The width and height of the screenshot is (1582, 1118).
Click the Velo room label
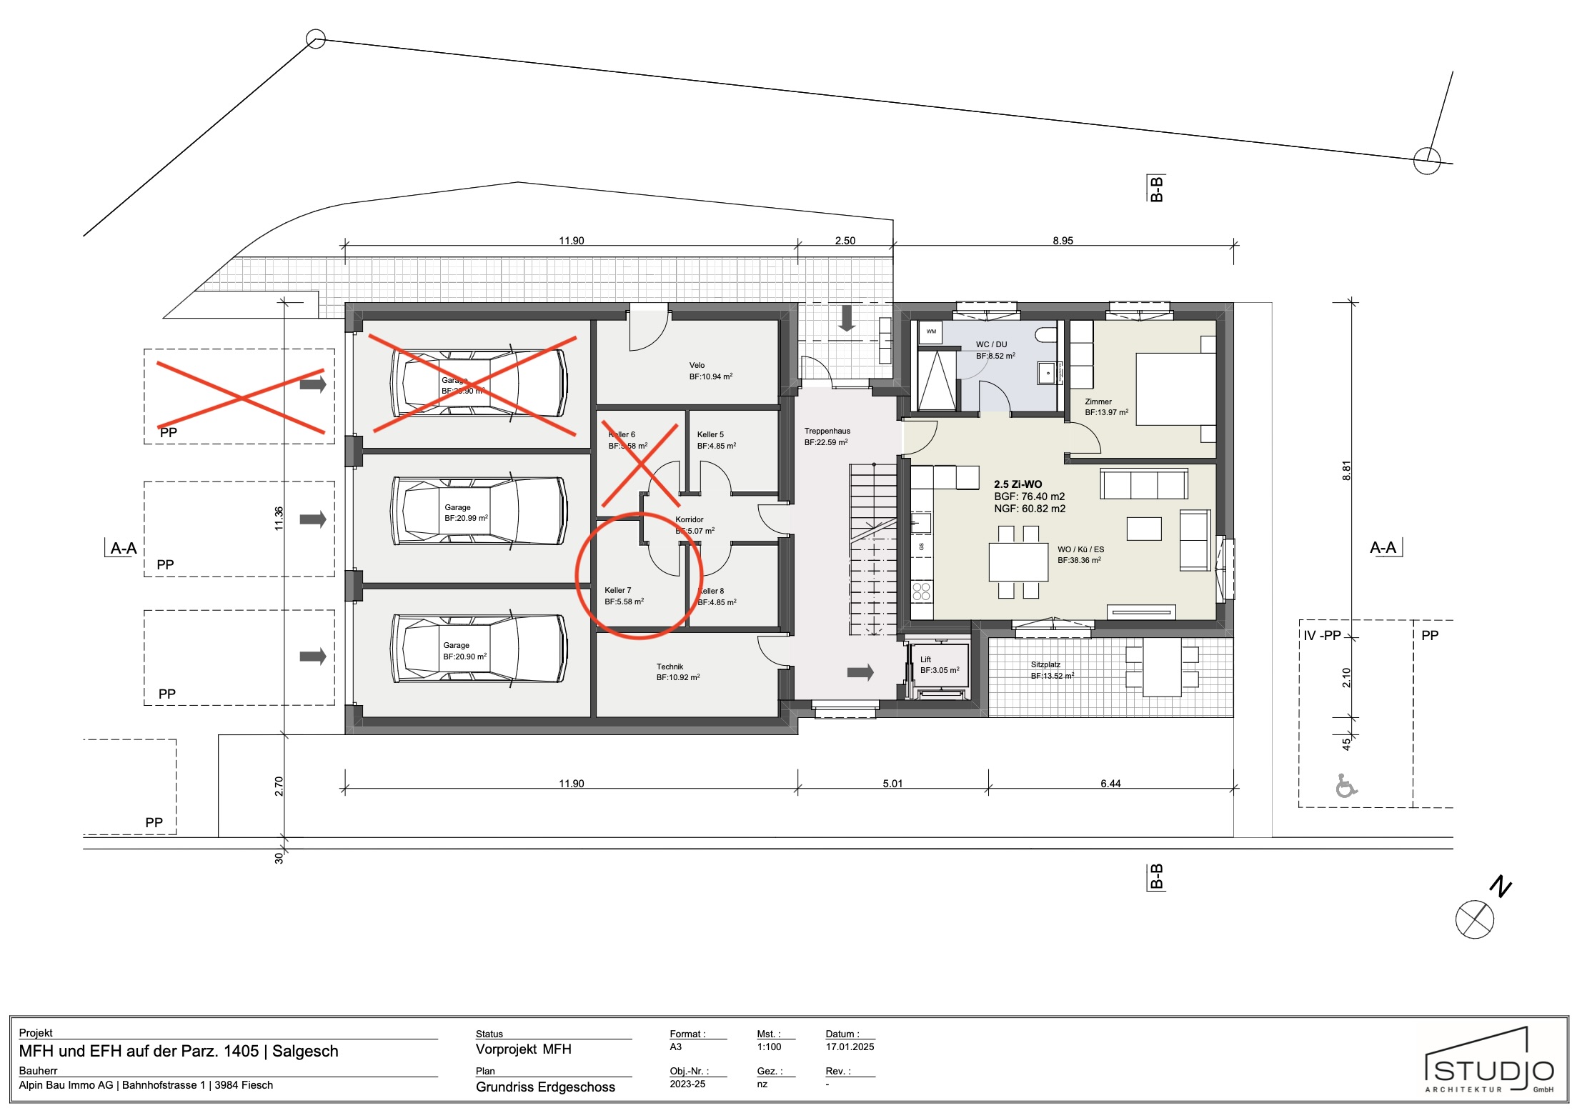697,366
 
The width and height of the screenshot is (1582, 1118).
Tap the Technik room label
670,667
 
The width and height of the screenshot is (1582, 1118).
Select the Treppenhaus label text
827,431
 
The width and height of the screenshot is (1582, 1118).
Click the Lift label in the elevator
925,659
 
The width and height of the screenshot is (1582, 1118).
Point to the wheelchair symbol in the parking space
1345,786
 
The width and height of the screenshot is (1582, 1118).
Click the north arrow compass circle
1474,919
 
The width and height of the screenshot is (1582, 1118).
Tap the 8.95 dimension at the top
1062,241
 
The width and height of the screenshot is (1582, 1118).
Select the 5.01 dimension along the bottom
892,784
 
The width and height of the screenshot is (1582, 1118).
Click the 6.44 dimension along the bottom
1110,784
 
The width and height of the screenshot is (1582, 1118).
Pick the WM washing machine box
931,332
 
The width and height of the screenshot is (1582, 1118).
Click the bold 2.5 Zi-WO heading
1018,484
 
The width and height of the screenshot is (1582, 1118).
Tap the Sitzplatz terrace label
1045,664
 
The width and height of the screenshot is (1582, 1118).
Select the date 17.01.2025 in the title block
850,1047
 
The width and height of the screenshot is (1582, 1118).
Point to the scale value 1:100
769,1047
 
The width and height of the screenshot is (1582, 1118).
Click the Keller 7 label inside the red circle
617,590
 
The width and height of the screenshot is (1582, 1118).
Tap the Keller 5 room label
710,434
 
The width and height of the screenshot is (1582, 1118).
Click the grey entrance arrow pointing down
847,319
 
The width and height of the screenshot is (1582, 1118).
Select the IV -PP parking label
1322,636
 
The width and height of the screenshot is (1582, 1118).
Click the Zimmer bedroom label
1098,401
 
